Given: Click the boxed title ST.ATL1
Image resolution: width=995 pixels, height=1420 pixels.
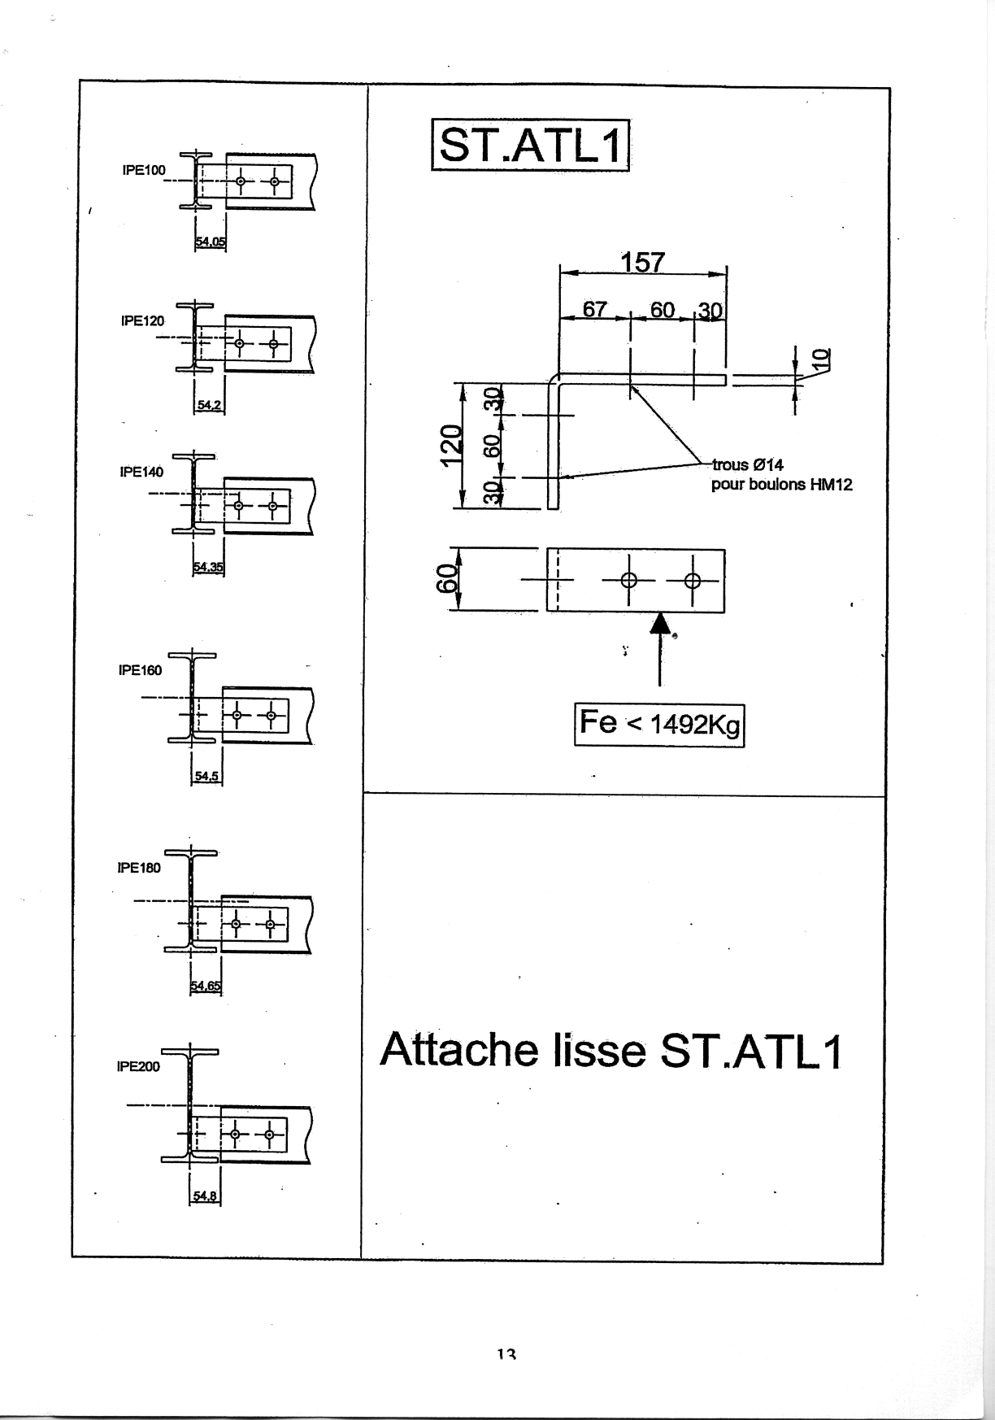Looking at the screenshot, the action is click(x=531, y=146).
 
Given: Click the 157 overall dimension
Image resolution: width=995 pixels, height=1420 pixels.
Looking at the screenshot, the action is click(x=643, y=262).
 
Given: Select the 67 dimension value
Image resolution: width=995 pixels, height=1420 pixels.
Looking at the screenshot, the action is click(x=594, y=310).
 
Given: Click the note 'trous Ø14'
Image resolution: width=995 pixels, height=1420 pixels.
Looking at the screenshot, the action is click(x=748, y=465).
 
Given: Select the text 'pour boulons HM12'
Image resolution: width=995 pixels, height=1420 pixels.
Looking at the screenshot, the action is click(x=782, y=485).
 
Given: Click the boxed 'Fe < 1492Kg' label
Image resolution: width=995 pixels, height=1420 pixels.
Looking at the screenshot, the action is click(x=659, y=724).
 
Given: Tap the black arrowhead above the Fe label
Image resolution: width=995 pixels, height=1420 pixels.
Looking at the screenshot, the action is click(x=660, y=623).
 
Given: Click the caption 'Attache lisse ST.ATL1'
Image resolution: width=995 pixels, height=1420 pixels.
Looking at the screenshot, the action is click(x=611, y=1050).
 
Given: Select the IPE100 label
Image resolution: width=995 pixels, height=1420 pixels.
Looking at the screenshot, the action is click(x=143, y=170).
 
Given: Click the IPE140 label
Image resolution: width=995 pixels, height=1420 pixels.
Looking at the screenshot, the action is click(x=141, y=472).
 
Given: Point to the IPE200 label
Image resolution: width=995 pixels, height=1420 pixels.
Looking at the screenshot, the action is click(x=139, y=1066).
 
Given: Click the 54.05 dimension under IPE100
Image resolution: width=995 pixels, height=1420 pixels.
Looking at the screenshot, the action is click(x=211, y=241).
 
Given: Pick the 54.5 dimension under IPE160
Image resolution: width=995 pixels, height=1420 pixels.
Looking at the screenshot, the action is click(x=206, y=776).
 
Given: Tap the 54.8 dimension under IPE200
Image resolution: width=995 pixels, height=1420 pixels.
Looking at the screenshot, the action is click(x=205, y=1196).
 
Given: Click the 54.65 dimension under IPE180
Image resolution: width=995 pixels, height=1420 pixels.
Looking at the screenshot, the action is click(x=206, y=987).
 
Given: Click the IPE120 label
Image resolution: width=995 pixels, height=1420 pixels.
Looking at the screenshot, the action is click(x=142, y=320).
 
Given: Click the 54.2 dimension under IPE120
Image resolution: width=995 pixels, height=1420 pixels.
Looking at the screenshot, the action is click(x=210, y=404).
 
